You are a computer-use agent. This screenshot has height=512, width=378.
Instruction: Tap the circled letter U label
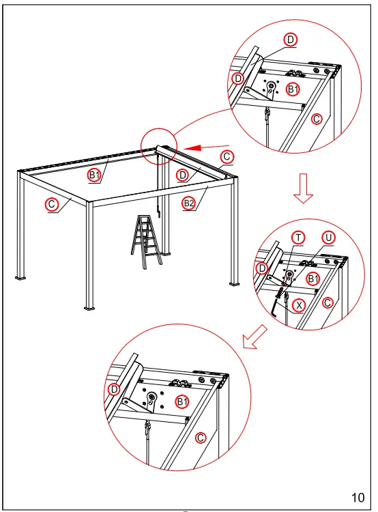click(330, 237)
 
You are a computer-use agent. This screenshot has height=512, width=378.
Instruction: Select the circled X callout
click(298, 306)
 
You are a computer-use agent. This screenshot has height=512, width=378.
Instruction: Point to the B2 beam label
click(188, 202)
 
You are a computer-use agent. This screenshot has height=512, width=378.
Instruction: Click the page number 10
click(358, 496)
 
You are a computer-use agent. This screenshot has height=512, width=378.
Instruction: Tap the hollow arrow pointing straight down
click(304, 189)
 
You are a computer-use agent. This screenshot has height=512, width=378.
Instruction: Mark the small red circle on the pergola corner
click(158, 146)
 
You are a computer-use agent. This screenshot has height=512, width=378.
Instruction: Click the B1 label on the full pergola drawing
click(95, 175)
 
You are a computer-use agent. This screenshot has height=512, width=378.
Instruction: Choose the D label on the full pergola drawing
click(182, 175)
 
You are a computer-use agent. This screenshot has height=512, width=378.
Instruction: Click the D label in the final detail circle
click(114, 389)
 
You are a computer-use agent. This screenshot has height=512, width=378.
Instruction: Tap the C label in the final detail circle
click(201, 437)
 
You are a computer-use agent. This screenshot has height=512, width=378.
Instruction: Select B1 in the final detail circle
click(182, 401)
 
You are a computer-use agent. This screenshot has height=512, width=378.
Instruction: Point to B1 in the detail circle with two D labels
click(293, 89)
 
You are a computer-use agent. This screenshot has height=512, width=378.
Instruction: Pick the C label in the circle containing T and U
click(328, 302)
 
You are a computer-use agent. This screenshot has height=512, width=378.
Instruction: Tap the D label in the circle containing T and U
click(262, 268)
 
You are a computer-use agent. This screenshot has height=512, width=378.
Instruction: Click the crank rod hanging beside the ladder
click(159, 206)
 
